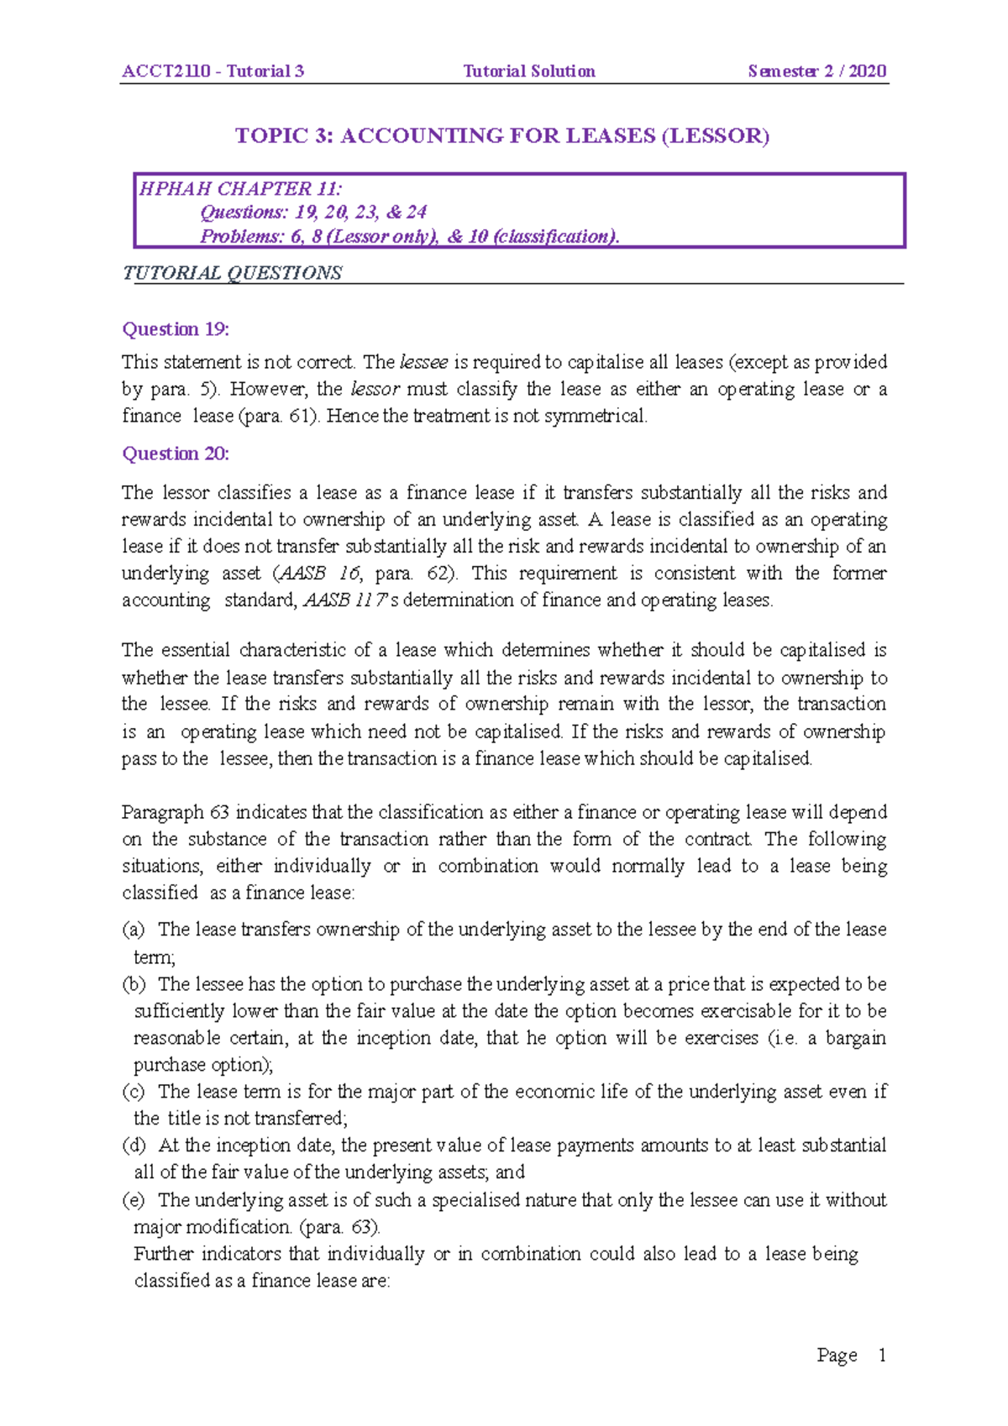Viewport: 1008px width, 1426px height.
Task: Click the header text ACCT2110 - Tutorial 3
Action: (x=213, y=71)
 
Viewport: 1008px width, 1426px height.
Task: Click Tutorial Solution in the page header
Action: (x=529, y=71)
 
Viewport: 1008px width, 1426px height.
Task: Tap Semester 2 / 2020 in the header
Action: (x=816, y=71)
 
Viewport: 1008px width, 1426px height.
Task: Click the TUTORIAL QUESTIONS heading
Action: (x=232, y=273)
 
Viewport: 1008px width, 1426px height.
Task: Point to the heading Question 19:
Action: (x=176, y=329)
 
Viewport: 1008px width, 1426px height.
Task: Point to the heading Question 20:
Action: (x=176, y=453)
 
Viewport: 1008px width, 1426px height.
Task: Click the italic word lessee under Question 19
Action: (x=424, y=362)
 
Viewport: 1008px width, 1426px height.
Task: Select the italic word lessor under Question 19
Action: (x=375, y=389)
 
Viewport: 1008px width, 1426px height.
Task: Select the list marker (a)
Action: (x=134, y=930)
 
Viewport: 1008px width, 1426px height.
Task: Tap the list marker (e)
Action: (x=134, y=1200)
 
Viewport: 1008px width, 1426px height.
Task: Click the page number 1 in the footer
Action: (x=882, y=1355)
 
